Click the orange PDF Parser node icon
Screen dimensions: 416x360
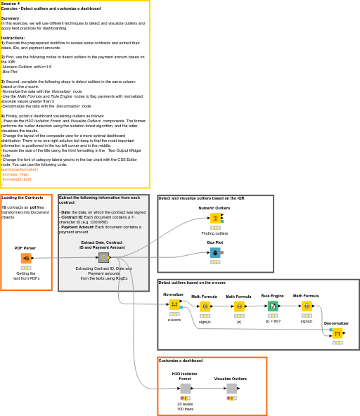(26, 259)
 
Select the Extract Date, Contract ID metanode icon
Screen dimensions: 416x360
(103, 258)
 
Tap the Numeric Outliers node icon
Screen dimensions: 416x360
(215, 218)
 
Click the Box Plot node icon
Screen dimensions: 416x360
(215, 252)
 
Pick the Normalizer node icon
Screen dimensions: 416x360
(174, 304)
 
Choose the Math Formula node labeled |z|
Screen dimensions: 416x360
(239, 306)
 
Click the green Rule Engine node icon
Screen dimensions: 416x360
(273, 306)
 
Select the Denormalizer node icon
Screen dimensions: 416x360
(337, 333)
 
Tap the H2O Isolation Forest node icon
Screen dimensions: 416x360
(186, 389)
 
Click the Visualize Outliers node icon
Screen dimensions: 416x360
(231, 389)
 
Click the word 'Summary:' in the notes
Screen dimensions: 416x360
(11, 18)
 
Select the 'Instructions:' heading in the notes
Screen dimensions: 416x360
(13, 38)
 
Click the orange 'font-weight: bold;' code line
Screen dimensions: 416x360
(17, 179)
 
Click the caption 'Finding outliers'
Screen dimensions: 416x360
(214, 233)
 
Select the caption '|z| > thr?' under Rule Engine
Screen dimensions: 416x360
(273, 321)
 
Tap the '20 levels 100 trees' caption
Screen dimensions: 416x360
(185, 406)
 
